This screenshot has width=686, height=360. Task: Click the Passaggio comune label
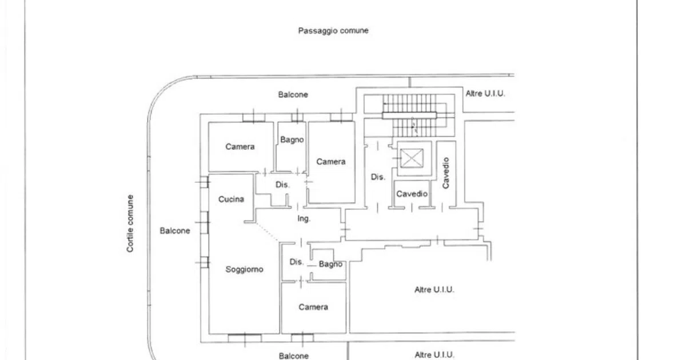[x=333, y=31]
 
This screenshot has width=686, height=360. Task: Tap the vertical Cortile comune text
[x=130, y=223]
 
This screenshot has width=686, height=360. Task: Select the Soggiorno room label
[x=245, y=269]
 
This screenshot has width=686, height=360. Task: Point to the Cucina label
[x=231, y=199]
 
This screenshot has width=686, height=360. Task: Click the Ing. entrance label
[x=304, y=218]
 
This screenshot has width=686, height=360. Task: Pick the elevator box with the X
[x=412, y=158]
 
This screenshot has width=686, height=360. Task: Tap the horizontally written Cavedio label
[x=412, y=194]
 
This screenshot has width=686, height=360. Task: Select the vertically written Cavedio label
[x=446, y=173]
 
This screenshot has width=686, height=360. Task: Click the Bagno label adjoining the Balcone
[x=292, y=140]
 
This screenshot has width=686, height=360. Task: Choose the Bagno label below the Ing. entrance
[x=330, y=264]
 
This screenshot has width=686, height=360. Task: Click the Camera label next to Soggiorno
[x=313, y=307]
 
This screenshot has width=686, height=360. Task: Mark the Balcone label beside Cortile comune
[x=175, y=231]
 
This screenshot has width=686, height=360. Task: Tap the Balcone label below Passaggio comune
[x=293, y=95]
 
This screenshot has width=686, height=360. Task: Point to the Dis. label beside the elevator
[x=378, y=177]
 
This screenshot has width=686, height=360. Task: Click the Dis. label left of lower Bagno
[x=297, y=262]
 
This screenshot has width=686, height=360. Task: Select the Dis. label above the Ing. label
[x=282, y=185]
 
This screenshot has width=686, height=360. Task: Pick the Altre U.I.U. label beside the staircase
[x=485, y=93]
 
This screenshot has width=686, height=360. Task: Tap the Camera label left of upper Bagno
[x=240, y=147]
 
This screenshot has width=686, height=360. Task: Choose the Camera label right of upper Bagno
[x=331, y=162]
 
